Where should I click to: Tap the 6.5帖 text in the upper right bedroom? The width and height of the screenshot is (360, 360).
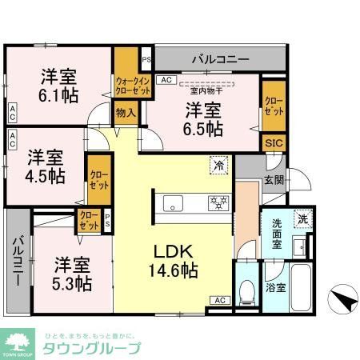pyautogui.click(x=205, y=127)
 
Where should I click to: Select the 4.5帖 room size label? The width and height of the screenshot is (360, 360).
pyautogui.click(x=45, y=175)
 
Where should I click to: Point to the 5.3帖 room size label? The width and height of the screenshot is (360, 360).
pyautogui.click(x=72, y=283)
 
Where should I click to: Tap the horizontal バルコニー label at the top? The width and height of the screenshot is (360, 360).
pyautogui.click(x=219, y=58)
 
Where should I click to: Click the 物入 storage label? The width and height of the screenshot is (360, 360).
pyautogui.click(x=126, y=114)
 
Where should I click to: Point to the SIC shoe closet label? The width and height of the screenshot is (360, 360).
pyautogui.click(x=273, y=143)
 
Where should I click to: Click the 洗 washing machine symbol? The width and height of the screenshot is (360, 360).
pyautogui.click(x=302, y=218)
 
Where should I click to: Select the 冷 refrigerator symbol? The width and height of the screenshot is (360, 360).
pyautogui.click(x=218, y=163)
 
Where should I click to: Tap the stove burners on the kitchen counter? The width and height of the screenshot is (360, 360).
pyautogui.click(x=218, y=201)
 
